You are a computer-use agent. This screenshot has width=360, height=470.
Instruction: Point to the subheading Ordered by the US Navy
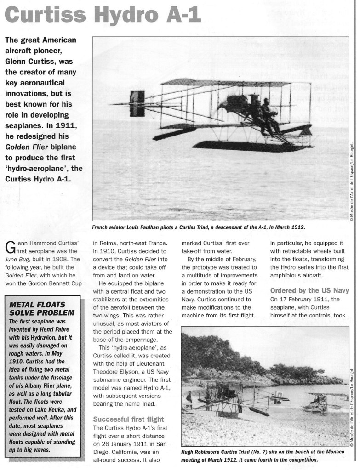pyautogui.click(x=309, y=290)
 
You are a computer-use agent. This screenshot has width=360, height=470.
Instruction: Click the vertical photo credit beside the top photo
pyautogui.click(x=352, y=184)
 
